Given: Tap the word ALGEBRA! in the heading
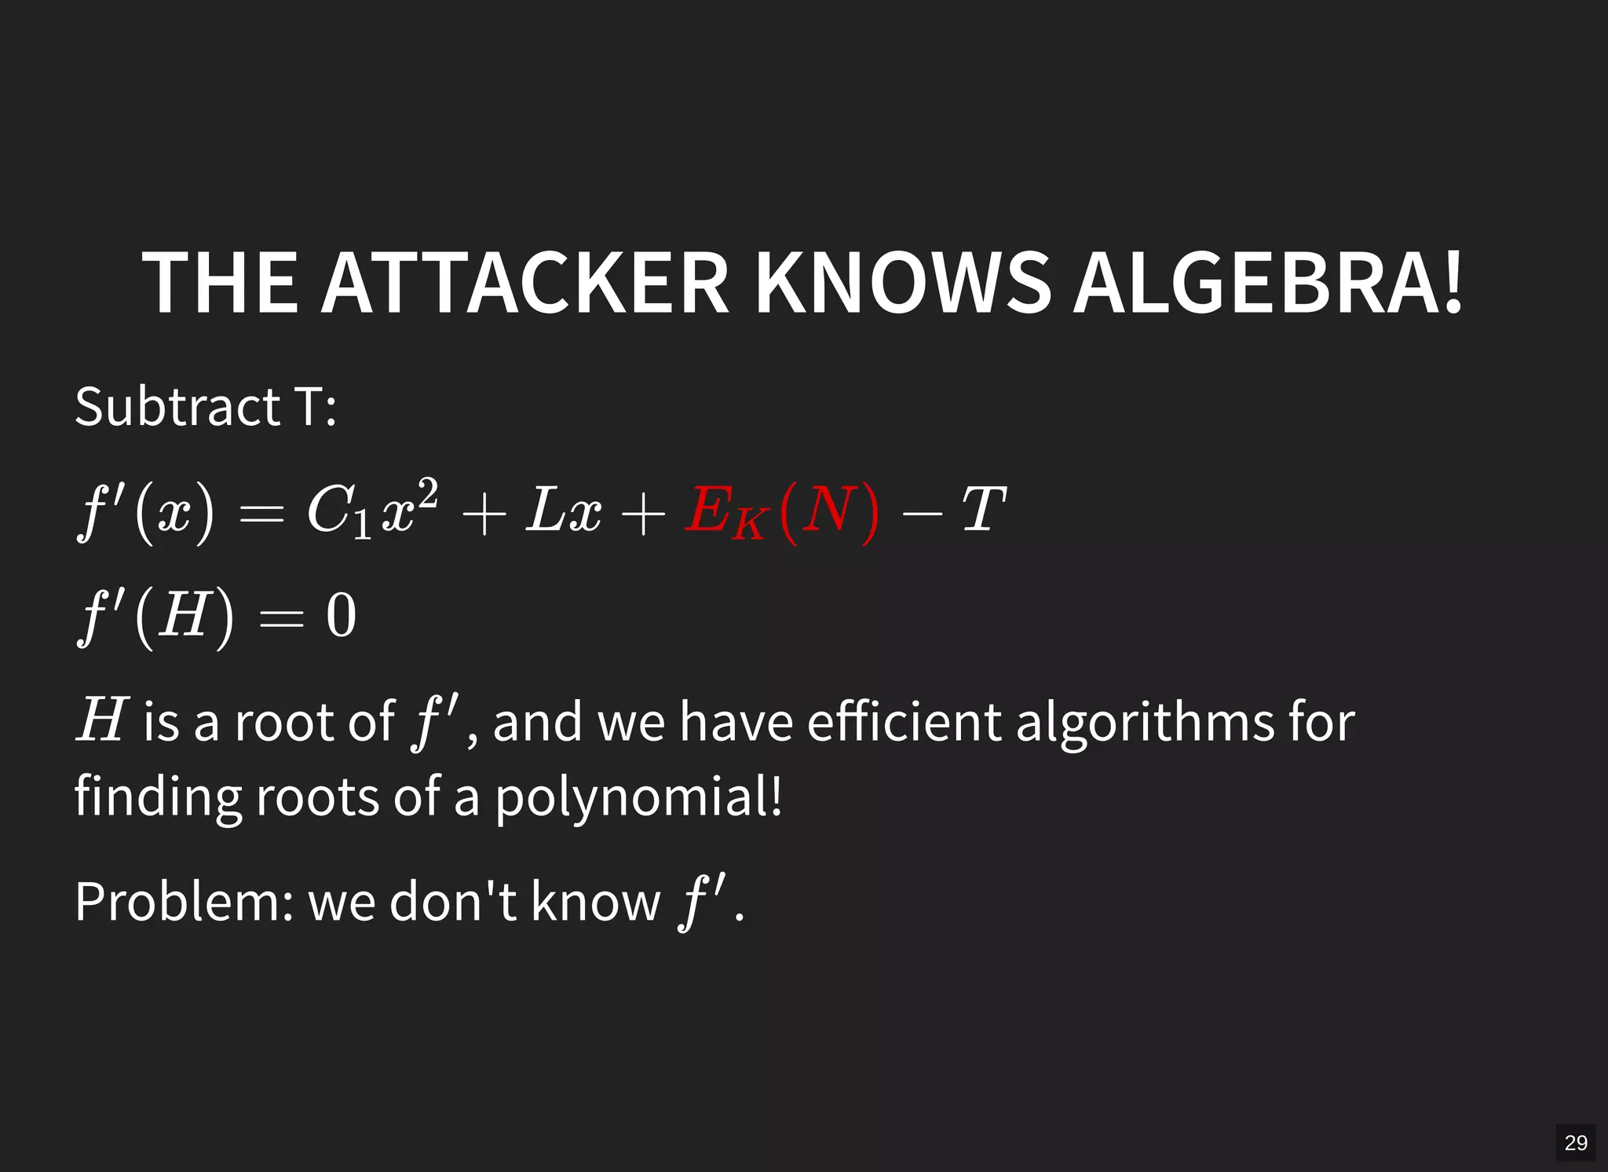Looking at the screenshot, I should (1268, 283).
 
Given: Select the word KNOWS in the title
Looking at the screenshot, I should (903, 283).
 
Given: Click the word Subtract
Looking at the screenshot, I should (177, 407).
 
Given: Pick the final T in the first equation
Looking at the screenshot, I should (983, 511).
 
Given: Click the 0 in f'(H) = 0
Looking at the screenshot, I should (342, 616).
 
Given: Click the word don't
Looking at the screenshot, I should (453, 901).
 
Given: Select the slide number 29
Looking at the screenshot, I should (1575, 1142).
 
